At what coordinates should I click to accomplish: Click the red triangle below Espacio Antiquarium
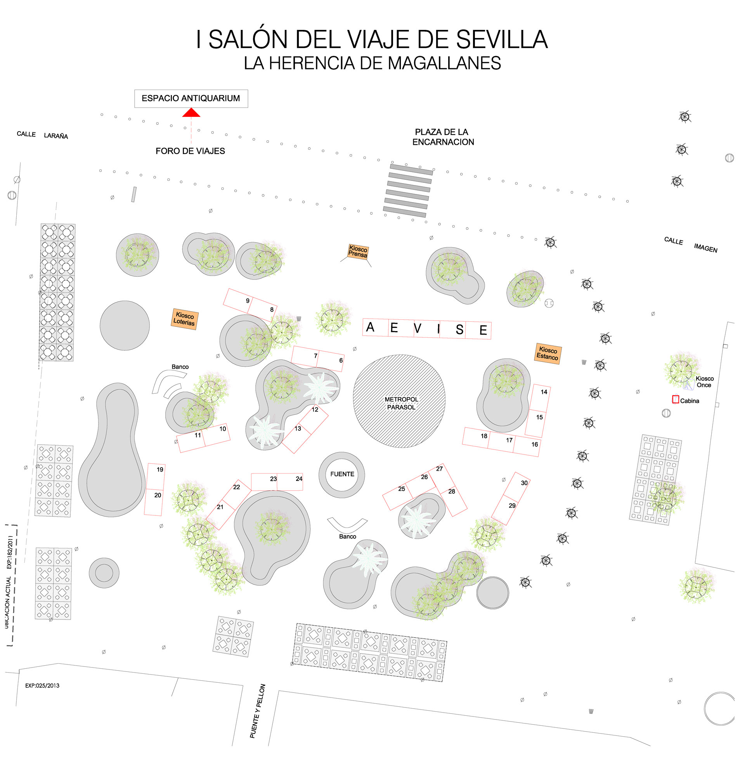[191, 113]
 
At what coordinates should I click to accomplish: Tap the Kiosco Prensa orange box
[358, 252]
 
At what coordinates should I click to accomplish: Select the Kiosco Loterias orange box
[184, 319]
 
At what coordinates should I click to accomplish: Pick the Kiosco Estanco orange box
[547, 353]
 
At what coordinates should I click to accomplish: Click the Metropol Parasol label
[401, 403]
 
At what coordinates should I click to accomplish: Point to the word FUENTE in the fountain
[342, 474]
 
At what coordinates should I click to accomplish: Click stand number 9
[247, 300]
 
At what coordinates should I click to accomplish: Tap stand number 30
[524, 483]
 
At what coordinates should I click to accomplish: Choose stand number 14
[544, 392]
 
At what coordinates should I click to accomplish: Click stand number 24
[299, 479]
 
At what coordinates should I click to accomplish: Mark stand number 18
[484, 436]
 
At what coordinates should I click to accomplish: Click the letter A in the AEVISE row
[370, 327]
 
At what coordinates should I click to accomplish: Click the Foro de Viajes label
[190, 151]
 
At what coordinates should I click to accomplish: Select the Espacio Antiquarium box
[191, 98]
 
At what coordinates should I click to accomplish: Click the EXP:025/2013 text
[42, 685]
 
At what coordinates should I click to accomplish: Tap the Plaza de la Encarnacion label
[443, 137]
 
